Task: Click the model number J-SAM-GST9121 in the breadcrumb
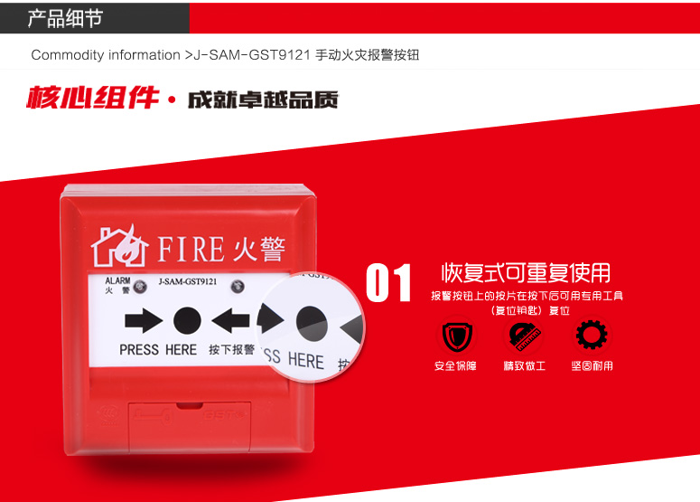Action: (251, 55)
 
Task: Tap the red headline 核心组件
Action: (93, 98)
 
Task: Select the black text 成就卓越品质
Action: (263, 99)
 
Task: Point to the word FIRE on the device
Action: (191, 249)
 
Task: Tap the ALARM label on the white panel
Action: (117, 280)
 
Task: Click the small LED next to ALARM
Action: (140, 286)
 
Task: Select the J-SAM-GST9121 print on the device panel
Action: (188, 281)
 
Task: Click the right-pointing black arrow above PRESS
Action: (144, 320)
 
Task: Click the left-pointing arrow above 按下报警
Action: (230, 320)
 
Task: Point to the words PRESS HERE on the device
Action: (158, 349)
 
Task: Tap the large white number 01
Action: (388, 283)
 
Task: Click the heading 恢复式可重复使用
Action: (526, 272)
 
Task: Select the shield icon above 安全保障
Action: (457, 336)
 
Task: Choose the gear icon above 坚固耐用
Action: (592, 335)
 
